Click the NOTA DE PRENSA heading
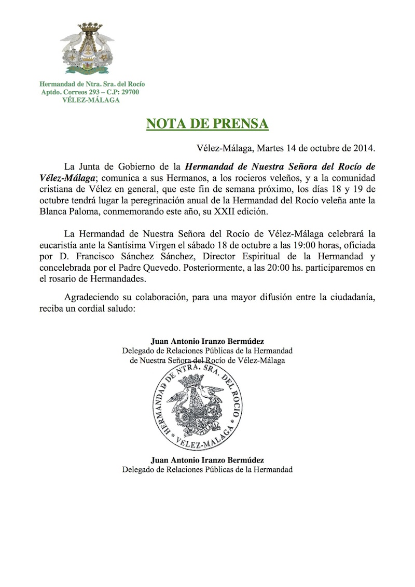(x=207, y=124)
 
